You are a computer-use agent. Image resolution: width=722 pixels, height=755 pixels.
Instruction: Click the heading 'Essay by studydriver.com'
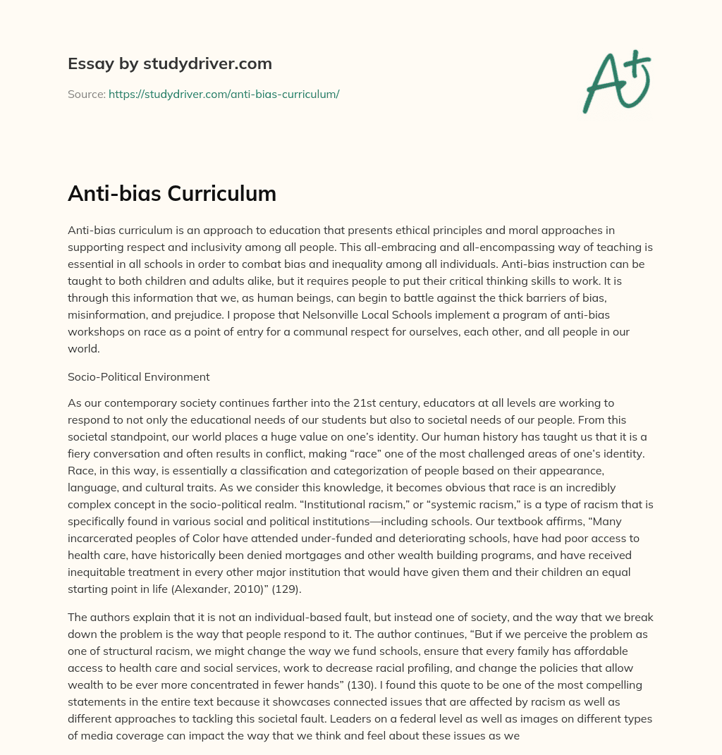(x=169, y=63)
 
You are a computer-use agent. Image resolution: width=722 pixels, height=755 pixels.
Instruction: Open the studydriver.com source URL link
(x=224, y=94)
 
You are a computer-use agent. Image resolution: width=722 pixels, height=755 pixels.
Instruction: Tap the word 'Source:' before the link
(x=86, y=94)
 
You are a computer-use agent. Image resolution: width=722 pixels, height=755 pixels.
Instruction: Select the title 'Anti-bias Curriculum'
(x=171, y=194)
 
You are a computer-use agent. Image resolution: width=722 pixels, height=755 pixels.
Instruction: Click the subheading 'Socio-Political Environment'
(x=138, y=376)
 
